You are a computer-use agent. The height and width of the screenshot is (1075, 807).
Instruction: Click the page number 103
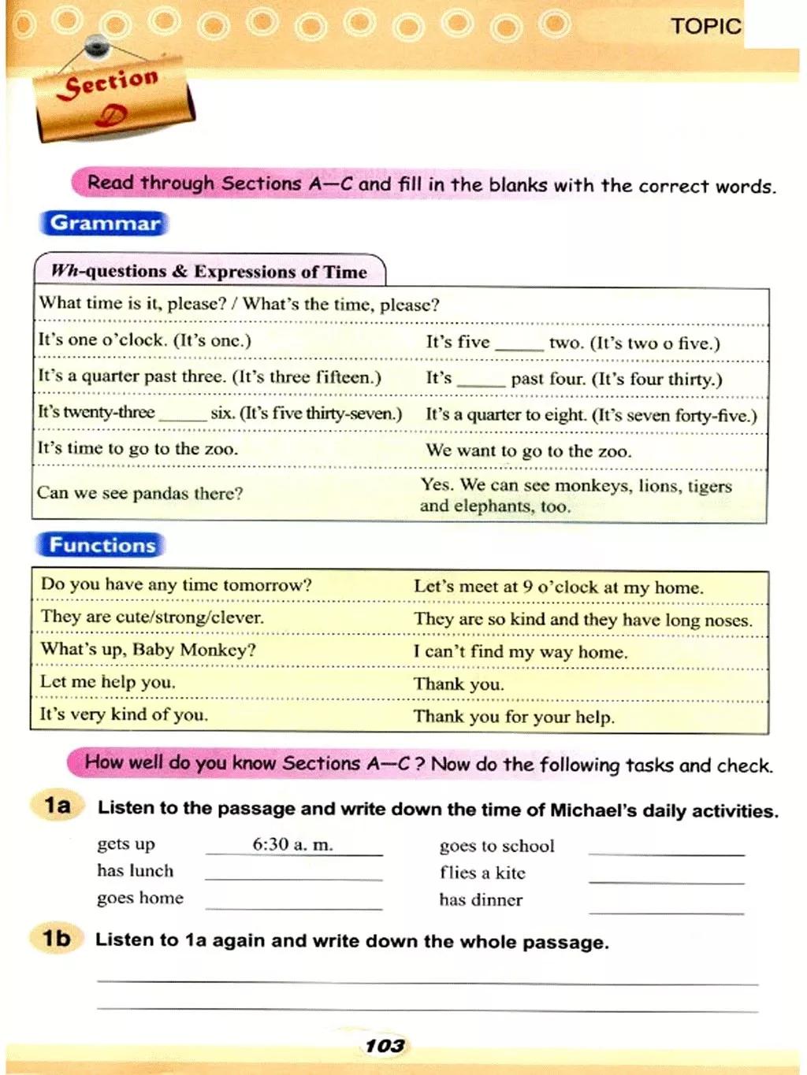click(385, 1045)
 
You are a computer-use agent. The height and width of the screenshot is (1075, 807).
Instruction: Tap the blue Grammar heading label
click(104, 224)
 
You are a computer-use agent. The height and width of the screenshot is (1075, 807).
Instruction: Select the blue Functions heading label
click(102, 545)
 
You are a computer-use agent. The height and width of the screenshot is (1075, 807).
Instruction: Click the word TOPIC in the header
click(705, 26)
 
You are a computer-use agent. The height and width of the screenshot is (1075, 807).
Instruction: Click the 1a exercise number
click(58, 806)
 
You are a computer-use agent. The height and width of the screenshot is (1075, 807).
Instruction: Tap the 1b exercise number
click(57, 938)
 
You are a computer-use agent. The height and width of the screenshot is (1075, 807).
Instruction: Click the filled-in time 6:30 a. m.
click(292, 845)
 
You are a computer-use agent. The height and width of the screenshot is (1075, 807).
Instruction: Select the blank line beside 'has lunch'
click(293, 876)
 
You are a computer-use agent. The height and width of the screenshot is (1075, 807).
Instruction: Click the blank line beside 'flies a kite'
click(666, 879)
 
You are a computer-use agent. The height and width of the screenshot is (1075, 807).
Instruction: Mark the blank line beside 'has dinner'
click(666, 909)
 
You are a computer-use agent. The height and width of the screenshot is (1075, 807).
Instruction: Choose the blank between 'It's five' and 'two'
click(519, 345)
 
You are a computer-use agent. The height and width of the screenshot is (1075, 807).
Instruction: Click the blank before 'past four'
click(480, 381)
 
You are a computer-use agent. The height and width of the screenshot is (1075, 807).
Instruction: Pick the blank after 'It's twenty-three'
click(182, 416)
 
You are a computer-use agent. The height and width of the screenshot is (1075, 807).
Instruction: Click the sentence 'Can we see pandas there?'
click(139, 494)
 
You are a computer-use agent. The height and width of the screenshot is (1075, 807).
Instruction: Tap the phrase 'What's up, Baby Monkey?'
click(148, 650)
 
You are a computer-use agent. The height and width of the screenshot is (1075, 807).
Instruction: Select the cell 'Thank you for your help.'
click(513, 717)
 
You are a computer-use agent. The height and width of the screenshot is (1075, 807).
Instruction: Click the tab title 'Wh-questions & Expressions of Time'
click(209, 272)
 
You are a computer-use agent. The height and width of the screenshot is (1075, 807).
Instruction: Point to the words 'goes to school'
click(496, 846)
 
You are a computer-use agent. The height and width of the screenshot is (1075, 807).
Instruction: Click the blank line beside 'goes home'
click(293, 905)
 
